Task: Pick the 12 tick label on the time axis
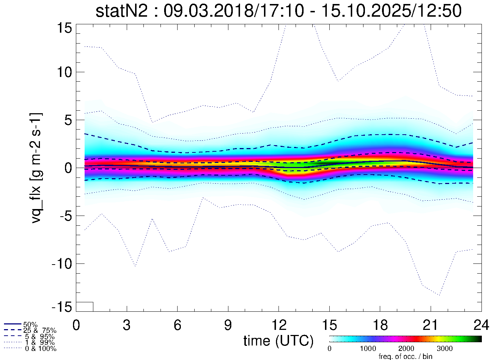[x=279, y=325]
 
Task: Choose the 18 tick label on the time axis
[x=380, y=325]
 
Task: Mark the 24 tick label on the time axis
[x=481, y=325]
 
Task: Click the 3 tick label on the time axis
[x=127, y=325]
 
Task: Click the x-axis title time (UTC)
[x=278, y=341]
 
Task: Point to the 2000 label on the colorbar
[x=406, y=349]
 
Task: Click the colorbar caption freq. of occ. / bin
[x=405, y=356]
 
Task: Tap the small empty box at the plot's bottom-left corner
[x=85, y=307]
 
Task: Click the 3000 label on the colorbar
[x=444, y=349]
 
